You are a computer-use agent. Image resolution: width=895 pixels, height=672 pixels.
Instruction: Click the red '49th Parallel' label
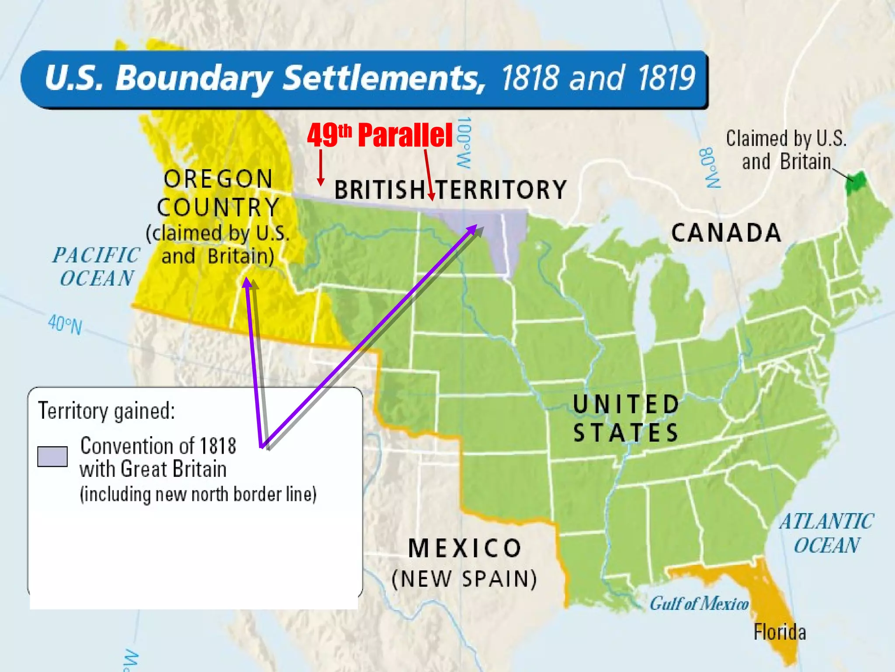(379, 135)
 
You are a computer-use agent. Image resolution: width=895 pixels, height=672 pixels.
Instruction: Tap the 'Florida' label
(780, 632)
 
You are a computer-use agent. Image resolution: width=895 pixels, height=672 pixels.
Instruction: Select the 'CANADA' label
(726, 233)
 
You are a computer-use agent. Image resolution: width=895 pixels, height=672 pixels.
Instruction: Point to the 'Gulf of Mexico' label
(699, 604)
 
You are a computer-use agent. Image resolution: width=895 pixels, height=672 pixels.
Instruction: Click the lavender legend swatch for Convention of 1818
(52, 457)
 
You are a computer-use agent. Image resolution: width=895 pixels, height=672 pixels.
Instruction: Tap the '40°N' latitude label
(65, 325)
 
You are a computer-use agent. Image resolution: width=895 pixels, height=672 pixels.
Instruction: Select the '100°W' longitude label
(464, 142)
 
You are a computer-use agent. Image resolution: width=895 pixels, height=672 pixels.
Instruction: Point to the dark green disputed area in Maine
(855, 182)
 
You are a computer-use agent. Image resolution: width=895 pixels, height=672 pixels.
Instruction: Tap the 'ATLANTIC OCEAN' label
(826, 533)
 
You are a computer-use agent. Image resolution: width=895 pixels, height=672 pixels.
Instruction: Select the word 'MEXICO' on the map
(465, 548)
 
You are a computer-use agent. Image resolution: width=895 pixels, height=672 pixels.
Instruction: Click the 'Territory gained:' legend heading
(107, 411)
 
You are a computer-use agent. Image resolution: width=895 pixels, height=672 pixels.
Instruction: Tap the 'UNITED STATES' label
(626, 418)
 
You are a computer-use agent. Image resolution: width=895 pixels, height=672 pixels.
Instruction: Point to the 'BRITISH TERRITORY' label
(450, 190)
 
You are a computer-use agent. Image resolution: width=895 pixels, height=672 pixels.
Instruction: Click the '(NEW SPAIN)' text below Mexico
(465, 579)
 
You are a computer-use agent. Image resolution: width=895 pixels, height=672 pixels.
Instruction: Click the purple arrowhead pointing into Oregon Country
(247, 283)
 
